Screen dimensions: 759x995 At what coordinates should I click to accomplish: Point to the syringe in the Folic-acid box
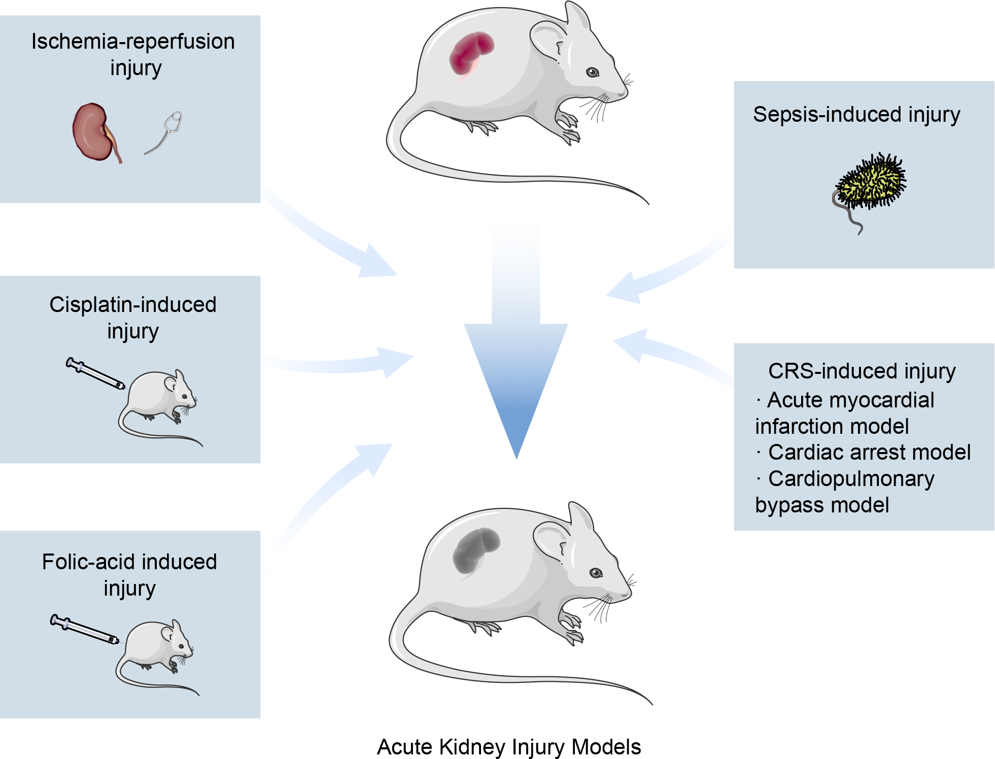click(x=84, y=629)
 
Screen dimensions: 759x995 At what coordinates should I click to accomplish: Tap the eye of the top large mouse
click(x=592, y=72)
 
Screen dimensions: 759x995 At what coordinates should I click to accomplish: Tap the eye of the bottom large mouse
click(x=596, y=573)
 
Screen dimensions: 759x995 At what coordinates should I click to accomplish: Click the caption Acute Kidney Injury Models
click(x=509, y=747)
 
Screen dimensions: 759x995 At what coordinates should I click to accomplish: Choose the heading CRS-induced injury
click(x=862, y=371)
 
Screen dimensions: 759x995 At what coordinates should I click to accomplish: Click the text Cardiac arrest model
click(x=869, y=452)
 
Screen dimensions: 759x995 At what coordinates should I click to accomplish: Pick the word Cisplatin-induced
click(x=133, y=304)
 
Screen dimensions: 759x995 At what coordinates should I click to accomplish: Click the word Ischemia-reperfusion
click(x=133, y=42)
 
